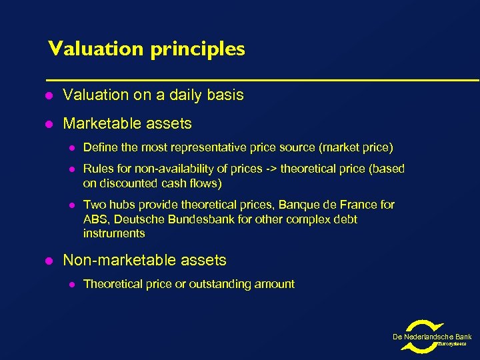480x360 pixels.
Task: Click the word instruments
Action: pos(114,233)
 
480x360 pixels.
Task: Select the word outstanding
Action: pos(230,284)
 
